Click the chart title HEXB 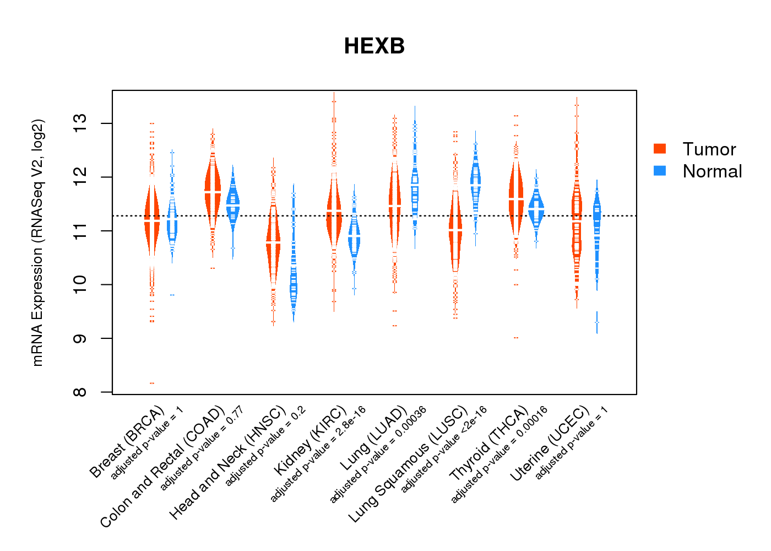[374, 46]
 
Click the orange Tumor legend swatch [660, 149]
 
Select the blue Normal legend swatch [660, 171]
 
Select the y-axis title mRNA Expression [37, 242]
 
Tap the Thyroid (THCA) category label [489, 445]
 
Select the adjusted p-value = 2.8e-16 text [318, 454]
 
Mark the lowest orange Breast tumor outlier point [152, 383]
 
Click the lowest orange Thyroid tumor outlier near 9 [516, 337]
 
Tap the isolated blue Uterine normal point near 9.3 [597, 322]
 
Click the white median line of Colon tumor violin [213, 191]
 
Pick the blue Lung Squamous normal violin [475, 182]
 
